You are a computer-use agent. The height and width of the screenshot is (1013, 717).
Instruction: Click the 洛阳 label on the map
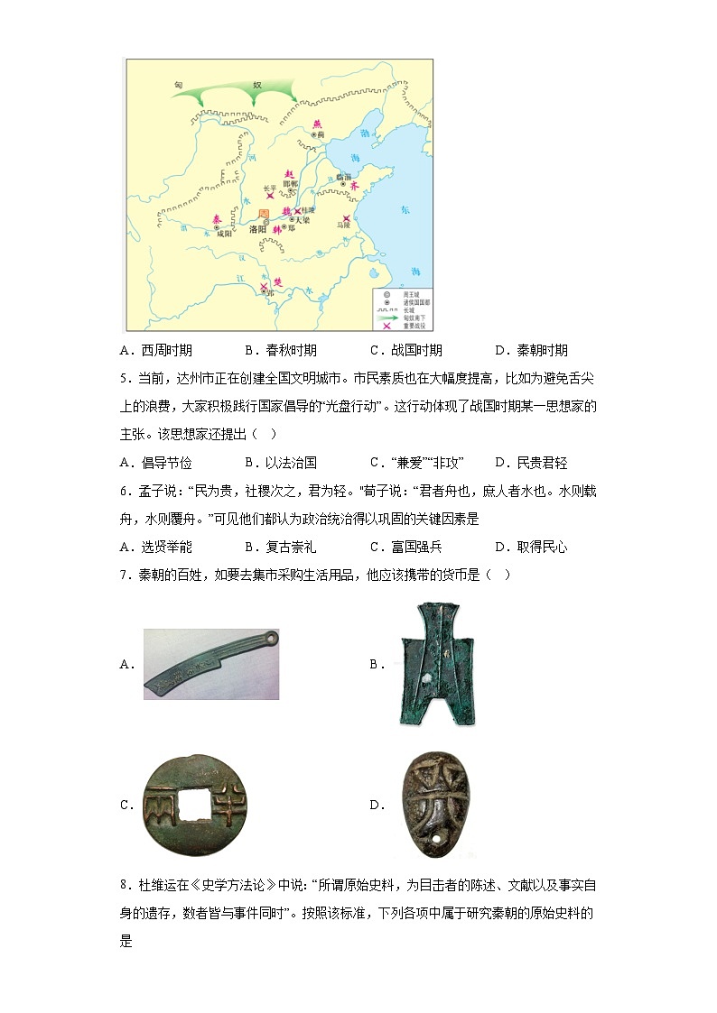point(257,229)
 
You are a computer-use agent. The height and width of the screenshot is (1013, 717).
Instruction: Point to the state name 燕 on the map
point(316,124)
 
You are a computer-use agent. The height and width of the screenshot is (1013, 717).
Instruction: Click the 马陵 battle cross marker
point(345,217)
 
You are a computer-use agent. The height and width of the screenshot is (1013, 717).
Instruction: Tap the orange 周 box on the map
point(265,214)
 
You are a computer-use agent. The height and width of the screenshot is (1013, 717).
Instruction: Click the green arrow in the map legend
point(387,318)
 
